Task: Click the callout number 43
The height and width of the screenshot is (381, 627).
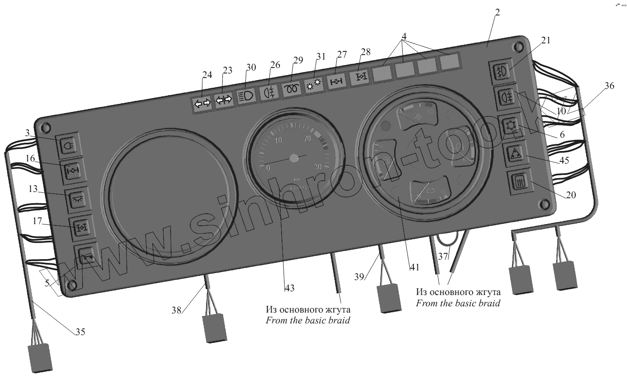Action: (290, 288)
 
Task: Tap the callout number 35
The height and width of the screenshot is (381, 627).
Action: (80, 332)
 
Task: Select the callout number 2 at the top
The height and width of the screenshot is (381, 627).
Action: (496, 13)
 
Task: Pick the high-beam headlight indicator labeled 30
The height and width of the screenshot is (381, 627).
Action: (247, 96)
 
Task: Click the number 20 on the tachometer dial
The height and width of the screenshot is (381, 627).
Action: (308, 139)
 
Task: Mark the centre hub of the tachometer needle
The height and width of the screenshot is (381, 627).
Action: (295, 159)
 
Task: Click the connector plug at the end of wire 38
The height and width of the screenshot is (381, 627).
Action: (214, 328)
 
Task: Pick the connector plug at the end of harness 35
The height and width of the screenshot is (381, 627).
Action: (40, 358)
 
